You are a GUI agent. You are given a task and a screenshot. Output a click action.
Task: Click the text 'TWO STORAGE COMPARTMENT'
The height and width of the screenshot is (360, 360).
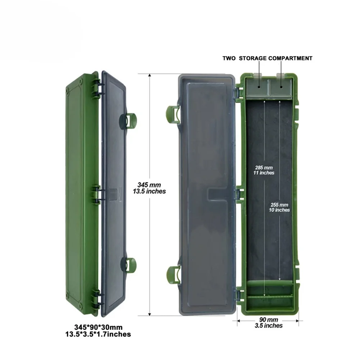267,58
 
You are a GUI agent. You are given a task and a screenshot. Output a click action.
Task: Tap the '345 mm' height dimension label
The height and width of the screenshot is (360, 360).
149,185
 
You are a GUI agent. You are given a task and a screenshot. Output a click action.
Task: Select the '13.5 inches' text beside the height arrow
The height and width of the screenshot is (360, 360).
149,191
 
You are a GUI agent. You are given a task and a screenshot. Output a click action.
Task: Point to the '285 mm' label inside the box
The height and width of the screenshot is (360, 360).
264,168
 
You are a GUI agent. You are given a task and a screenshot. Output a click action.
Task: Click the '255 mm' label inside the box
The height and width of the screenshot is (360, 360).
279,205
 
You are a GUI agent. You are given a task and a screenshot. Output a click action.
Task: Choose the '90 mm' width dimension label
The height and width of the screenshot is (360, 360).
268,320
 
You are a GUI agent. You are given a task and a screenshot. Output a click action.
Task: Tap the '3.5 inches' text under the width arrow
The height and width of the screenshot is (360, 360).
268,325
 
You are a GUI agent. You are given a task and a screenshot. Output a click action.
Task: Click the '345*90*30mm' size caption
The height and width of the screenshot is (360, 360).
98,327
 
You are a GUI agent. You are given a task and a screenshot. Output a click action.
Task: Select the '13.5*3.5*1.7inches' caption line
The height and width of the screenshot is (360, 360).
98,334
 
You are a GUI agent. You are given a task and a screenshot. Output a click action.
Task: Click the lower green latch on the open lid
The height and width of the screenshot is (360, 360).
173,274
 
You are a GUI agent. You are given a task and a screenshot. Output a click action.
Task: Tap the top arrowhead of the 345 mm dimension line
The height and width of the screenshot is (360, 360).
150,76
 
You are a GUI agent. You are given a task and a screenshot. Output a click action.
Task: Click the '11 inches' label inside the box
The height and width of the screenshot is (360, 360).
264,173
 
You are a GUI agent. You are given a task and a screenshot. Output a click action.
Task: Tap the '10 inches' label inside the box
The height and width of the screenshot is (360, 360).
279,210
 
